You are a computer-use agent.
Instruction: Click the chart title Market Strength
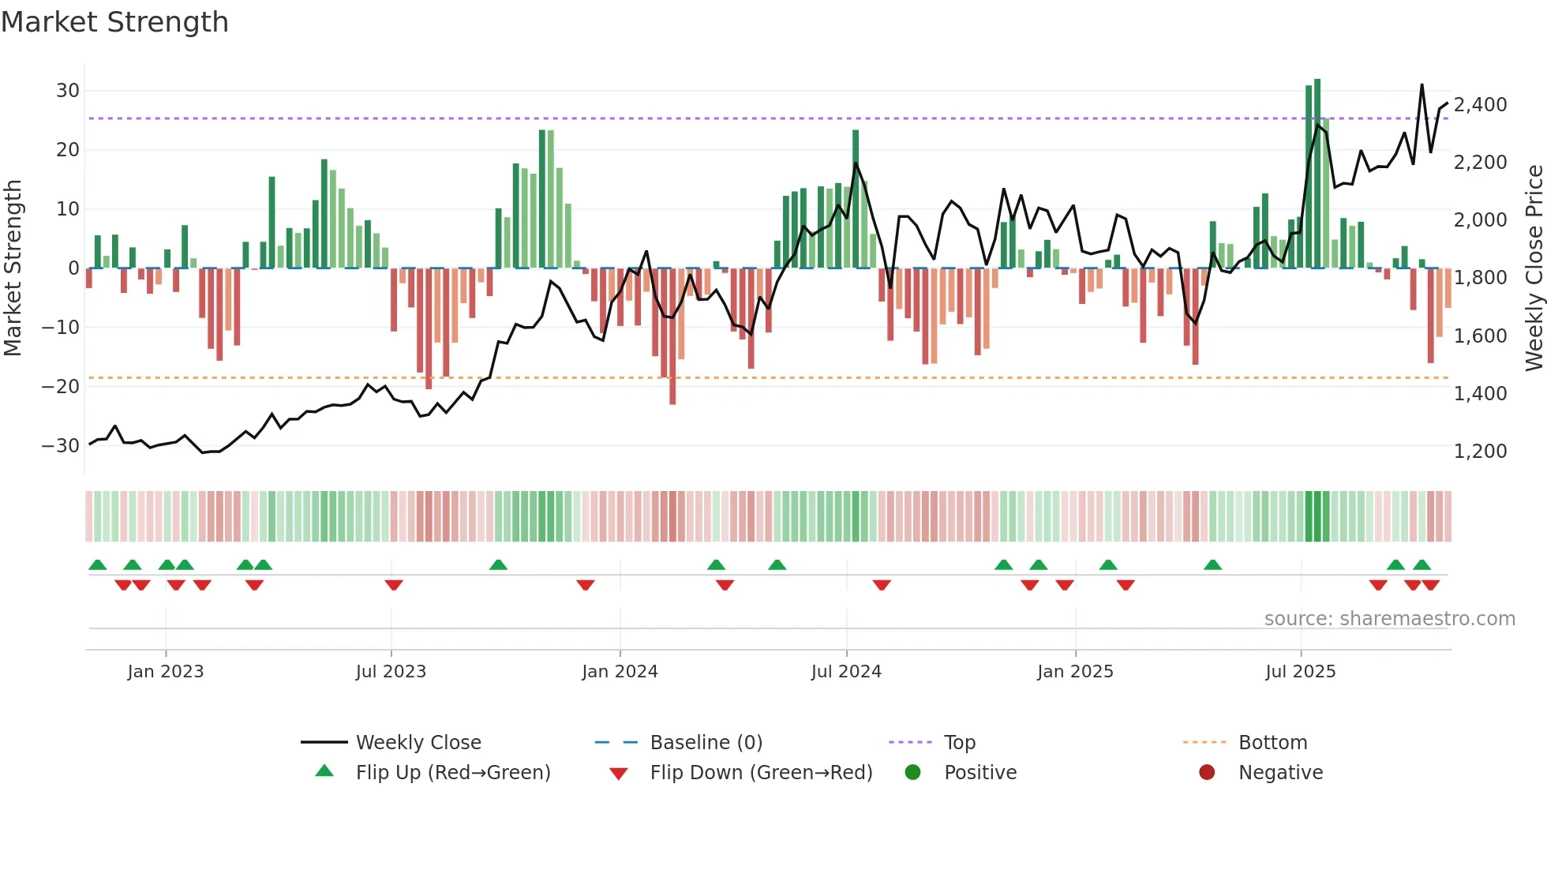click(114, 22)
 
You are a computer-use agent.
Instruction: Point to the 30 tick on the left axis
click(68, 91)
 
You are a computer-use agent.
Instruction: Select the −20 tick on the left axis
click(61, 387)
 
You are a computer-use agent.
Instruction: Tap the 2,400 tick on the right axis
click(1480, 105)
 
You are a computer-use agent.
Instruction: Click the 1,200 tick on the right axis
click(1480, 452)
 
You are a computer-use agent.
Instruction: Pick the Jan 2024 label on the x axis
click(620, 672)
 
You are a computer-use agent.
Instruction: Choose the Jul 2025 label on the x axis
click(1300, 672)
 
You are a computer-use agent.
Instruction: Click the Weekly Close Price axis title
click(1534, 268)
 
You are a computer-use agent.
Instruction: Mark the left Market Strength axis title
click(13, 268)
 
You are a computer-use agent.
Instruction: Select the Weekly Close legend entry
click(418, 743)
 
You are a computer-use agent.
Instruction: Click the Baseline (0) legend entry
click(706, 743)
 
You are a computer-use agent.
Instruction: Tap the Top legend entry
click(960, 743)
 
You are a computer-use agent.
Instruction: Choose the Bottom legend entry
click(1272, 743)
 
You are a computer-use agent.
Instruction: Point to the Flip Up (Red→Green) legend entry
click(452, 773)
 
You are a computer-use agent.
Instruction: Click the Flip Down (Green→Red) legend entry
click(761, 773)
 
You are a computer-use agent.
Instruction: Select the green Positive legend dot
click(913, 773)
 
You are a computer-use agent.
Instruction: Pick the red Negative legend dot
click(1207, 773)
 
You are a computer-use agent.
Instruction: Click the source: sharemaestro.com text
click(1389, 619)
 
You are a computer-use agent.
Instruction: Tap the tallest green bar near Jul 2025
click(1317, 174)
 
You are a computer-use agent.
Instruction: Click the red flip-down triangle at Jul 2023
click(394, 585)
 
